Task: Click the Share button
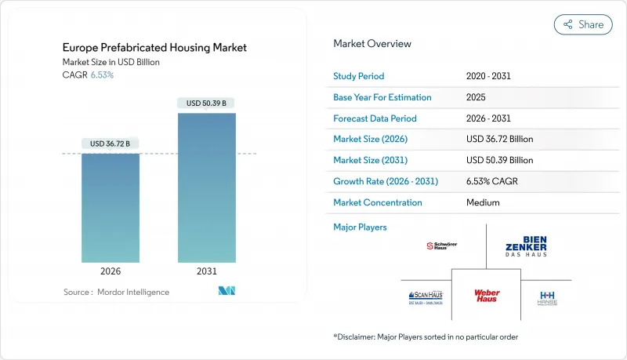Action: [x=583, y=24]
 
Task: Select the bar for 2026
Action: [x=111, y=208]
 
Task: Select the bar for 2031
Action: [x=206, y=188]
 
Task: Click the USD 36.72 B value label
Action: [x=111, y=144]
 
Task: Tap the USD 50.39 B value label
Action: [x=206, y=103]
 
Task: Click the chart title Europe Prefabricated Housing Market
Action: [x=155, y=48]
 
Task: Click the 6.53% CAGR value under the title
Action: [x=102, y=75]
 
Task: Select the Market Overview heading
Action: [x=372, y=44]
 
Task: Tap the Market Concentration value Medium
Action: [x=484, y=202]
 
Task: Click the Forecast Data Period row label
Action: [x=375, y=118]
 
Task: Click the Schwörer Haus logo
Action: [x=441, y=245]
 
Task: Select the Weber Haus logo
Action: [x=487, y=296]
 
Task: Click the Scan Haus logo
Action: [x=426, y=297]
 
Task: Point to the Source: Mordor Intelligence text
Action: [x=116, y=292]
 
